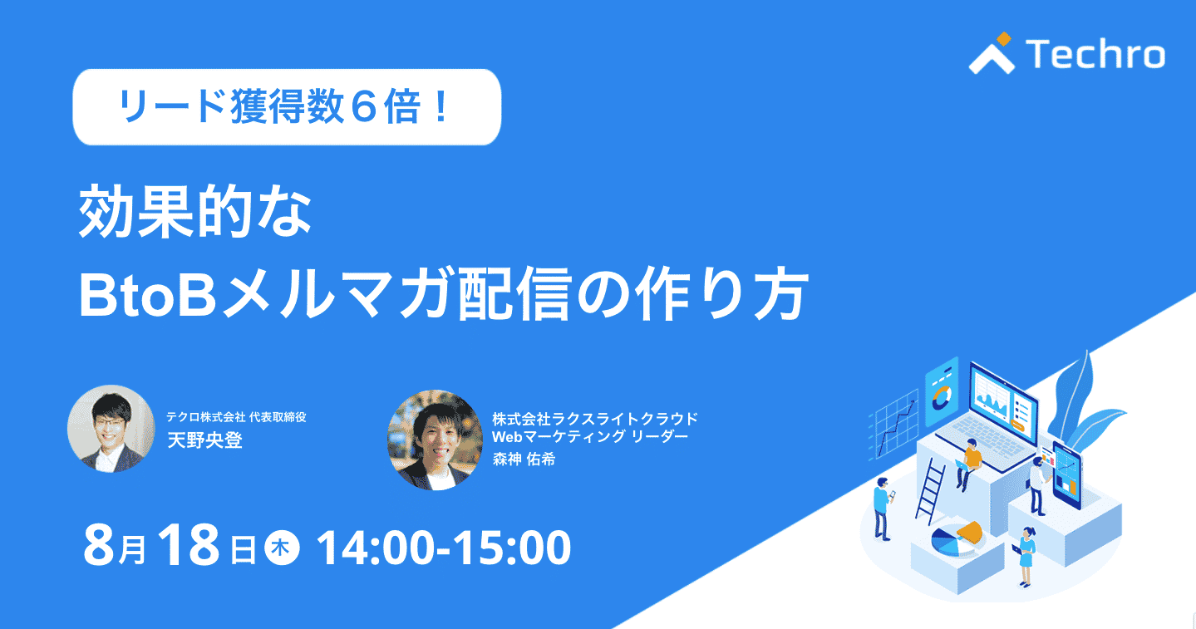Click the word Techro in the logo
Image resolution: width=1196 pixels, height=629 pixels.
1095,54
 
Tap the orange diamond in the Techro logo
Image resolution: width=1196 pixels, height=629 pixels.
1004,38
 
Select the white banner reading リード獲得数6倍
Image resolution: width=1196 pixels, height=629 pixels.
287,107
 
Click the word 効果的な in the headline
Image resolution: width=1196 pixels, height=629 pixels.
194,211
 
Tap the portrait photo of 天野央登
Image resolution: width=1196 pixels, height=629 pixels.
111,429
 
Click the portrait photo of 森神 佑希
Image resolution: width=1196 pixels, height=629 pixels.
436,440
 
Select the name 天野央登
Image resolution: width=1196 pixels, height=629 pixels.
205,440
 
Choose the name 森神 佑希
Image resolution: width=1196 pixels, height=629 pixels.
524,459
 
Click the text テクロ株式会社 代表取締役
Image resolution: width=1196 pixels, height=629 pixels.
236,417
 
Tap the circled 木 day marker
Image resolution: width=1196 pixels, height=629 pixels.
282,548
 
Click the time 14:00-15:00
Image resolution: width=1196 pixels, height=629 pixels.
444,548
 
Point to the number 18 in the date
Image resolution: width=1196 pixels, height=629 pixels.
189,545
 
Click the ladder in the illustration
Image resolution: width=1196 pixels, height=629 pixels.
930,490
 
